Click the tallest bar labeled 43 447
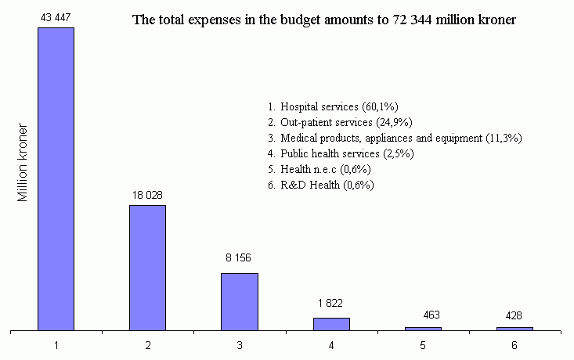[56, 178]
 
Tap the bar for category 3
[239, 301]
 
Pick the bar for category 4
[331, 324]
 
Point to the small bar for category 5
[423, 329]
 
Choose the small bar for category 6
[514, 329]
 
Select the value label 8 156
[239, 257]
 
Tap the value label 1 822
[330, 303]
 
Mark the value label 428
[514, 315]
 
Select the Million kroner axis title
[23, 162]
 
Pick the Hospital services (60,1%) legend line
[334, 106]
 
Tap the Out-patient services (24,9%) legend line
[340, 122]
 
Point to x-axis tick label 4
[331, 345]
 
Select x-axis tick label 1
[56, 345]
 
